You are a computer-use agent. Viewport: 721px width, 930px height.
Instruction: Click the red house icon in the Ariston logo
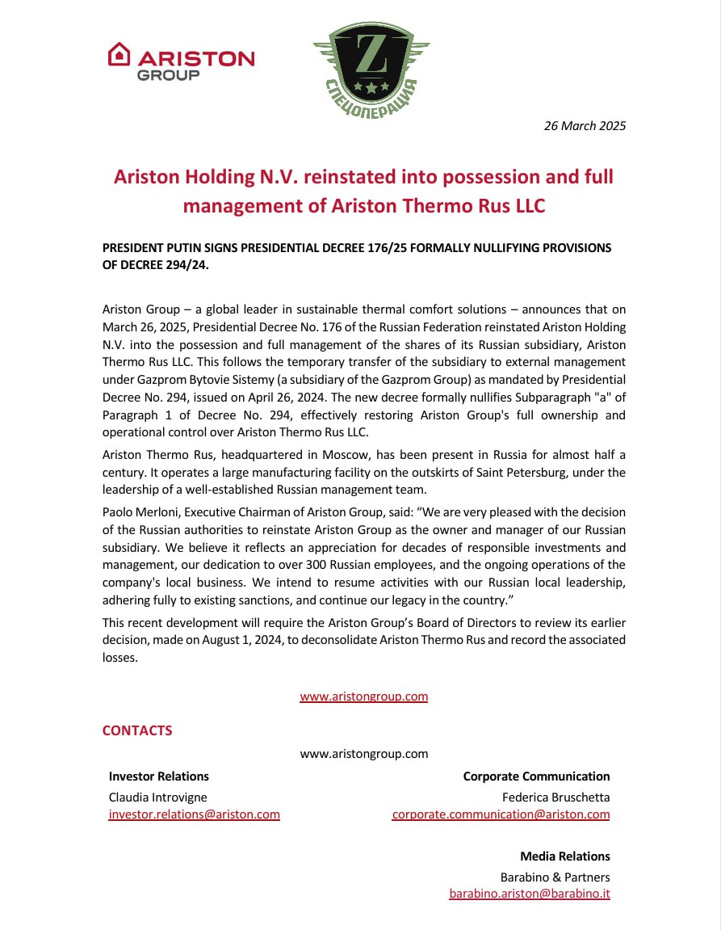(x=119, y=53)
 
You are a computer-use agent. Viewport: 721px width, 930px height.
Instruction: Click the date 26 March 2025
(x=585, y=125)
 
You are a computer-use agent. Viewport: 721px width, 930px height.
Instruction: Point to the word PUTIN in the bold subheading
(x=200, y=248)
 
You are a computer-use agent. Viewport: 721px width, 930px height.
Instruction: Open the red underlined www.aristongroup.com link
(x=363, y=696)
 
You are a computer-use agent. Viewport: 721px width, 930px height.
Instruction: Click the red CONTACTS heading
(x=137, y=730)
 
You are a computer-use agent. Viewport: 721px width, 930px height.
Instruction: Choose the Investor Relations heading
(x=158, y=776)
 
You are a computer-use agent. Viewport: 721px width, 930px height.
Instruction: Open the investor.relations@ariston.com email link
(x=194, y=814)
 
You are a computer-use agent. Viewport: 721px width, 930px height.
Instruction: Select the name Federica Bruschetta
(x=555, y=797)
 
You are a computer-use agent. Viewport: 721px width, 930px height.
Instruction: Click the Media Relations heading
(x=564, y=856)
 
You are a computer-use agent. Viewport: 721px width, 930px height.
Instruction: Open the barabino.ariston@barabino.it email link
(x=529, y=894)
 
